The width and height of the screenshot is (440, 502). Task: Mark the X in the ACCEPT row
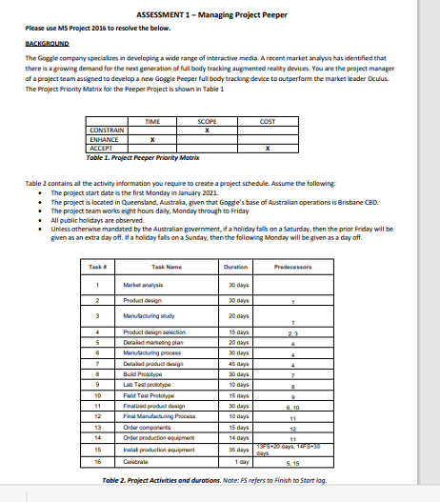click(x=270, y=148)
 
